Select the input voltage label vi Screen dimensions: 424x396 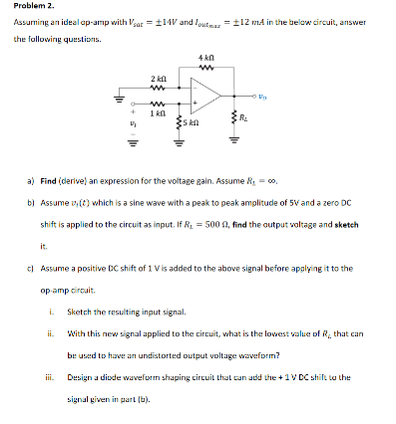point(123,129)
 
